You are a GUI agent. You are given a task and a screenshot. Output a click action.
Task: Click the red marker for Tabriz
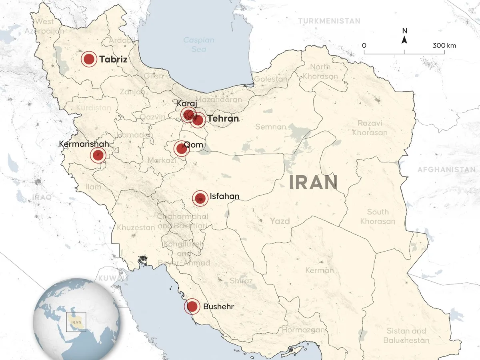89,60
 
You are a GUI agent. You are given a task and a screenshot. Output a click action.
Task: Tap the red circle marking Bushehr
192,307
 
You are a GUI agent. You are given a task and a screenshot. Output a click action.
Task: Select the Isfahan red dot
200,198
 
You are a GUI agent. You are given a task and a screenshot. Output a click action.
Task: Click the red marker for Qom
181,149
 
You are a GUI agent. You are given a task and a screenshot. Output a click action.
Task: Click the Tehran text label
223,119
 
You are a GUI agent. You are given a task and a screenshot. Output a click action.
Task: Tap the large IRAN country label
313,182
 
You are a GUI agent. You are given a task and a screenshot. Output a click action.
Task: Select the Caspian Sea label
199,44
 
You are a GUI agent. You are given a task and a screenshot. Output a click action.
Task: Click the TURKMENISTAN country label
329,21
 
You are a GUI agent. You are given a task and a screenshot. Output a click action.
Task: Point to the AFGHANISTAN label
446,170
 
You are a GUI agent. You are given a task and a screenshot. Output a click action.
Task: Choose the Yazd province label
280,221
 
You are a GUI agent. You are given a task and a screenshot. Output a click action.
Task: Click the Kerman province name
319,270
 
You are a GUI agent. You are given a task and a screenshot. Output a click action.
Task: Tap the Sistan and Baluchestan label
406,336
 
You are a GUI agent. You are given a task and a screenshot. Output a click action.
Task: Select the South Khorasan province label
378,216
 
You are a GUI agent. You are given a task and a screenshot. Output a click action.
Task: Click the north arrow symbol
404,38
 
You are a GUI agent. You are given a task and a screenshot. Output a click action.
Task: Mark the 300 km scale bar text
444,46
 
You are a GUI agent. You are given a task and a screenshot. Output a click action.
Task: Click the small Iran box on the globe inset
76,321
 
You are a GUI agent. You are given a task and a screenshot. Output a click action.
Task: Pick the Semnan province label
271,127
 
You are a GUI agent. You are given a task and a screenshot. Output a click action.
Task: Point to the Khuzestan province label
136,228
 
